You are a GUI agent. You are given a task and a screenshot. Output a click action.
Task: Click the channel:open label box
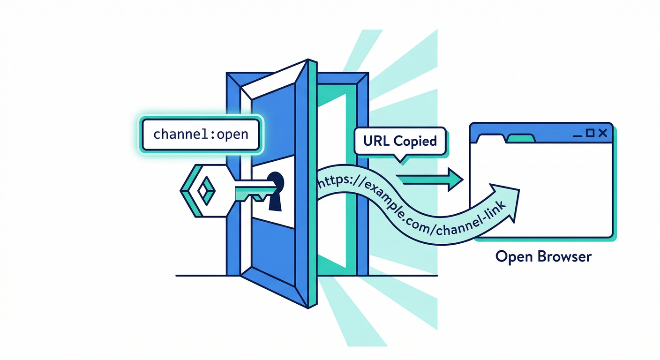[x=201, y=134]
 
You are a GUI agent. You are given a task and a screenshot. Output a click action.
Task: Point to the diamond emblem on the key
[x=205, y=190]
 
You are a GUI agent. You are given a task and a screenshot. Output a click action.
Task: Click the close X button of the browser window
[x=603, y=134]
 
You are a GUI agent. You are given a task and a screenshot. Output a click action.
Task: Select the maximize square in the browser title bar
[x=591, y=134]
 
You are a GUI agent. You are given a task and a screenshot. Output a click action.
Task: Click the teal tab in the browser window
[x=520, y=138]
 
